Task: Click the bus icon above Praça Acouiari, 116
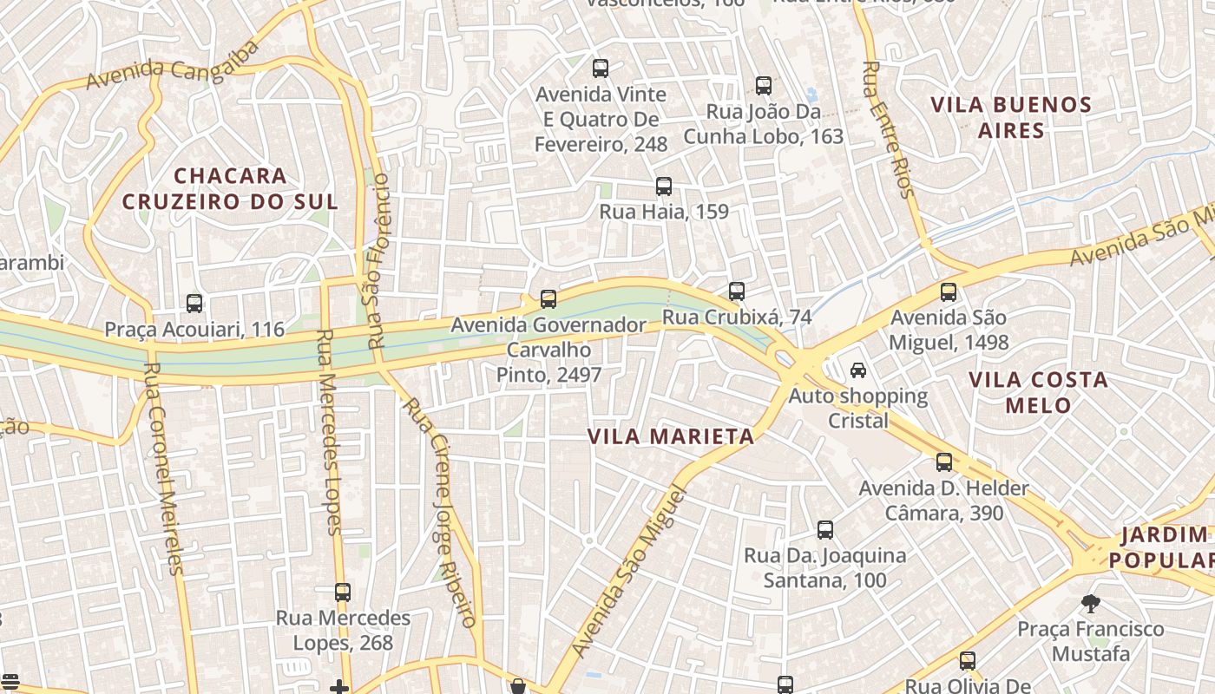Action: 194,304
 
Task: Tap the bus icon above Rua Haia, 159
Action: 664,187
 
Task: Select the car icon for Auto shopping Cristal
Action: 857,370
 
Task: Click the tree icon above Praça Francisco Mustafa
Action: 1091,603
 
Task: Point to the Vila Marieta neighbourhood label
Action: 671,436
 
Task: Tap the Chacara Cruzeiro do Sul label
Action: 230,188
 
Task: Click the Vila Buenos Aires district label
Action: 1011,117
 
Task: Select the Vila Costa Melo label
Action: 1038,392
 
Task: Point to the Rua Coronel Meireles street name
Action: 164,468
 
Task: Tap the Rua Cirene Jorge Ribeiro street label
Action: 440,512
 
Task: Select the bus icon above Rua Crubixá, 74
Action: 737,291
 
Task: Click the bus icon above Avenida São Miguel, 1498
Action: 949,292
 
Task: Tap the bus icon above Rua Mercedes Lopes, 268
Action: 343,593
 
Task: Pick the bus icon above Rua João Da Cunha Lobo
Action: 764,86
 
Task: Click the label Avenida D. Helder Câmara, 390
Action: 943,501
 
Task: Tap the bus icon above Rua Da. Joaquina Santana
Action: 825,530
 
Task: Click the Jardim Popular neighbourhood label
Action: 1166,547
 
